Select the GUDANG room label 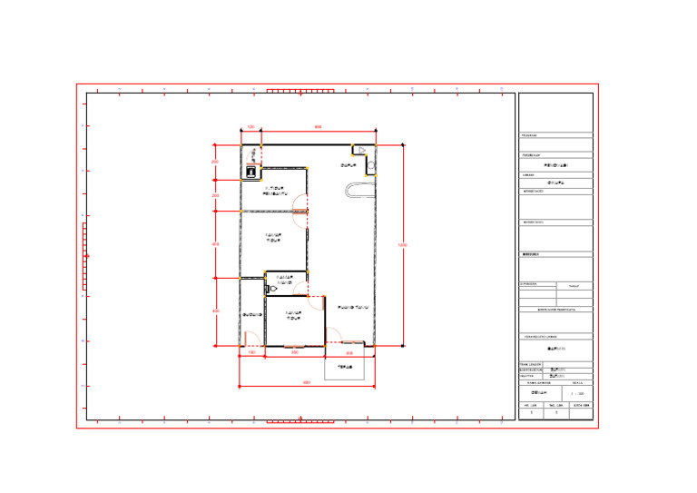click(252, 315)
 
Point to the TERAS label click(345, 368)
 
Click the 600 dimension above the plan click(318, 127)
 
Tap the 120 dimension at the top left click(250, 127)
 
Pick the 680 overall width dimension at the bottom click(306, 382)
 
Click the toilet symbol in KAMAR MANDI click(271, 289)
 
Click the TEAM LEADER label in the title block click(531, 364)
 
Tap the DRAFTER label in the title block click(527, 377)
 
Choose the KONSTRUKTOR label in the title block click(531, 370)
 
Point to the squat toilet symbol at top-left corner click(250, 170)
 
